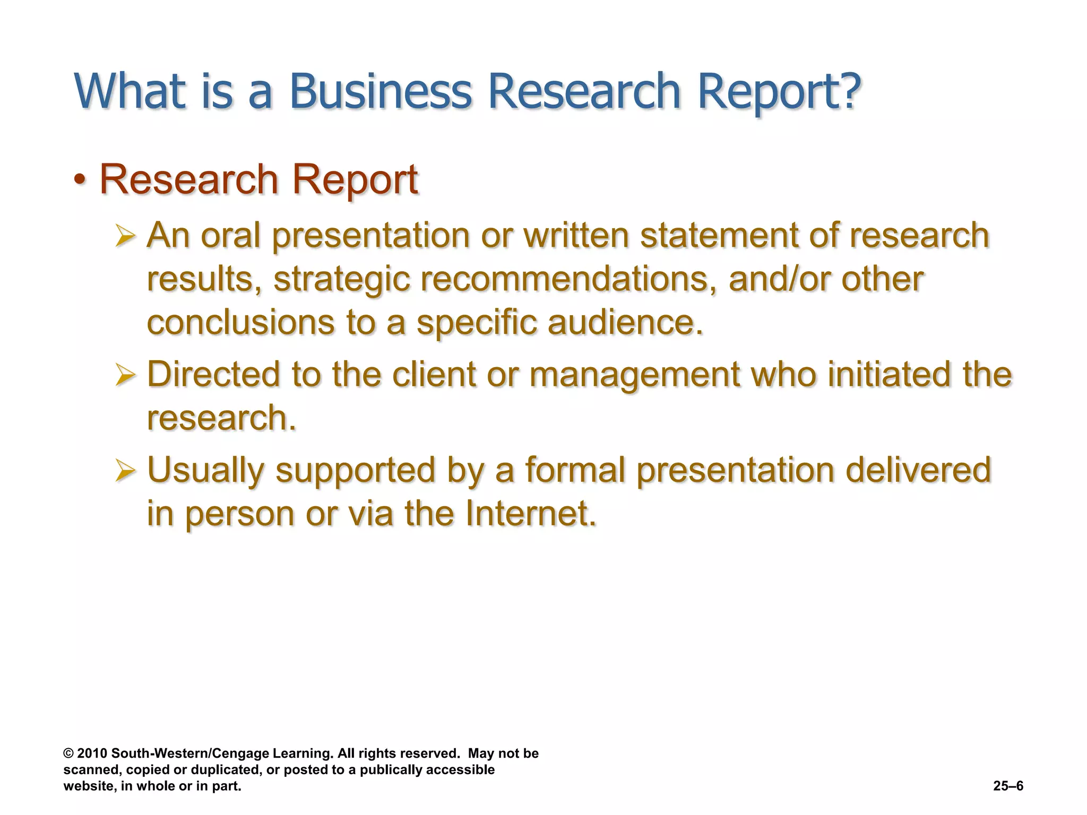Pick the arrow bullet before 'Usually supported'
[125, 471]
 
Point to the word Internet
[530, 514]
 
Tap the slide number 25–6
[1008, 786]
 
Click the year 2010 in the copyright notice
[92, 753]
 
